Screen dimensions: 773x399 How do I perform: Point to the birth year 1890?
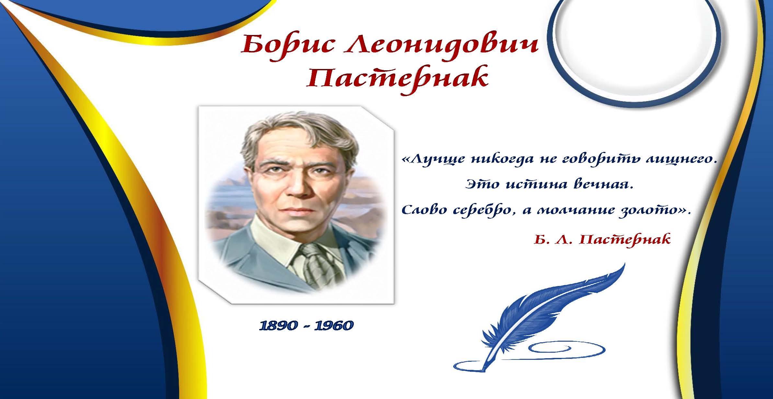[278, 325]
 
